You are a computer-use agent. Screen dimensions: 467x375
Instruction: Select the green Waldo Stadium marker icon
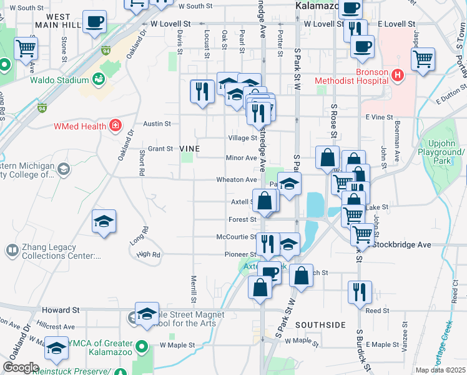pos(98,79)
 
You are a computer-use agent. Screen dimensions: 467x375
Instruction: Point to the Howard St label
pos(61,310)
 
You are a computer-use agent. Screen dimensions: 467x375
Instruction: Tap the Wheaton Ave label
pos(237,179)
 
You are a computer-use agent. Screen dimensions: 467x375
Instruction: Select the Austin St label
pos(157,124)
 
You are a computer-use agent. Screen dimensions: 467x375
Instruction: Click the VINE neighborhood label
pos(189,149)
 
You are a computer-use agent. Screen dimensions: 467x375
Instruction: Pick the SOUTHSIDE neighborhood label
pos(320,325)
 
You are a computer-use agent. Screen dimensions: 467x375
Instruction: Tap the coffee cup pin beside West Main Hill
pos(94,22)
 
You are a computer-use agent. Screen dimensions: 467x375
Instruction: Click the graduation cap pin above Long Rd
pos(104,221)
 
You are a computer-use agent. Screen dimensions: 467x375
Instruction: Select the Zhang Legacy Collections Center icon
pos(12,251)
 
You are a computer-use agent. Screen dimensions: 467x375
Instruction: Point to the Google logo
pos(21,367)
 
